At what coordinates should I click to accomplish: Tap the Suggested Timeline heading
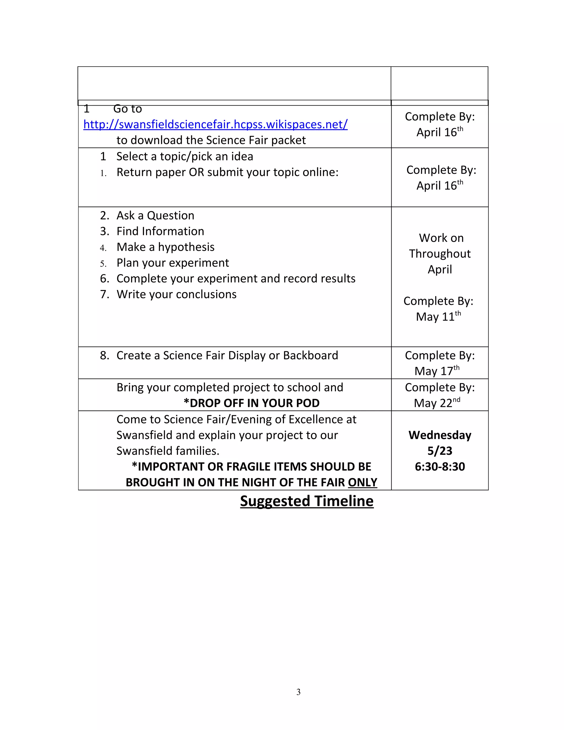(307, 501)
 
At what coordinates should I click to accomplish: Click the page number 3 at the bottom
(298, 692)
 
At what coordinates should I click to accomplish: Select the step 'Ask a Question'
(155, 216)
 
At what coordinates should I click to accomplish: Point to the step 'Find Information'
(160, 231)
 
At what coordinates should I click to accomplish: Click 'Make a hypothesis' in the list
(166, 247)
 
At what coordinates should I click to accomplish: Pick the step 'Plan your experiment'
(172, 263)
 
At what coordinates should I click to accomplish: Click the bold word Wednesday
(440, 435)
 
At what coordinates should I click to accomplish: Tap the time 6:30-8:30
(440, 467)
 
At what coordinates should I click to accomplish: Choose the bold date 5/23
(440, 451)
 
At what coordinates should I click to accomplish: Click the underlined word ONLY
(362, 482)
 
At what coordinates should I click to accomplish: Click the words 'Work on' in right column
(441, 238)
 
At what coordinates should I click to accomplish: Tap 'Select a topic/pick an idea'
(185, 156)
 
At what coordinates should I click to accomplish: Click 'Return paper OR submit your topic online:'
(227, 172)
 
